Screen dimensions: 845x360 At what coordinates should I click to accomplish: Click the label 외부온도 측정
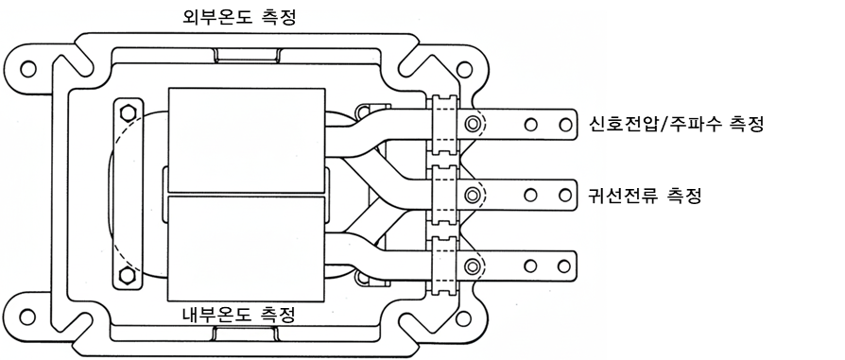coord(240,18)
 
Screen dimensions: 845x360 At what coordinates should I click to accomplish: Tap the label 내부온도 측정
coord(239,314)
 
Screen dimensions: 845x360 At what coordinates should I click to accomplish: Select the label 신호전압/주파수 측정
coord(677,125)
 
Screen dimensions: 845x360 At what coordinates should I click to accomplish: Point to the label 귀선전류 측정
coord(646,194)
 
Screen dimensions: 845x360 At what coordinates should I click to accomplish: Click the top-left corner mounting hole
coord(27,69)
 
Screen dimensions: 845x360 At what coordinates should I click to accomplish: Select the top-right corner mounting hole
coord(463,69)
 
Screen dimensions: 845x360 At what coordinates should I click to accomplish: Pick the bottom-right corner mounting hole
coord(462,318)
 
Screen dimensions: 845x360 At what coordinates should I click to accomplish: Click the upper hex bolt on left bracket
coord(128,112)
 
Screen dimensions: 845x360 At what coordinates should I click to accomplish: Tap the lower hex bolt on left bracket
coord(128,274)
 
